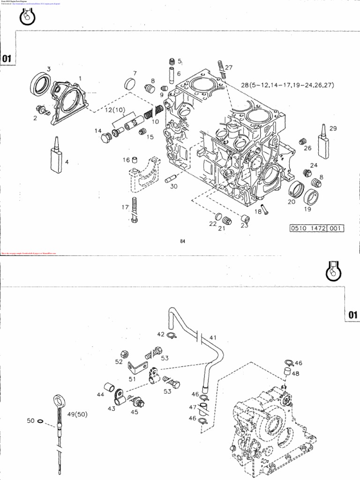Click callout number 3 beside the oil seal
(48, 69)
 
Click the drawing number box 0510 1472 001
(317, 228)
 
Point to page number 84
(183, 241)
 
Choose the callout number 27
(228, 67)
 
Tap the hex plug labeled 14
(106, 138)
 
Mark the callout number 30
(173, 186)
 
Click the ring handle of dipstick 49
(59, 401)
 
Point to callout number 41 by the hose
(213, 337)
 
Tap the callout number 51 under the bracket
(132, 379)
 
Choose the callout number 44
(100, 395)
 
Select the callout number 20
(291, 202)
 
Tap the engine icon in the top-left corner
(28, 18)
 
